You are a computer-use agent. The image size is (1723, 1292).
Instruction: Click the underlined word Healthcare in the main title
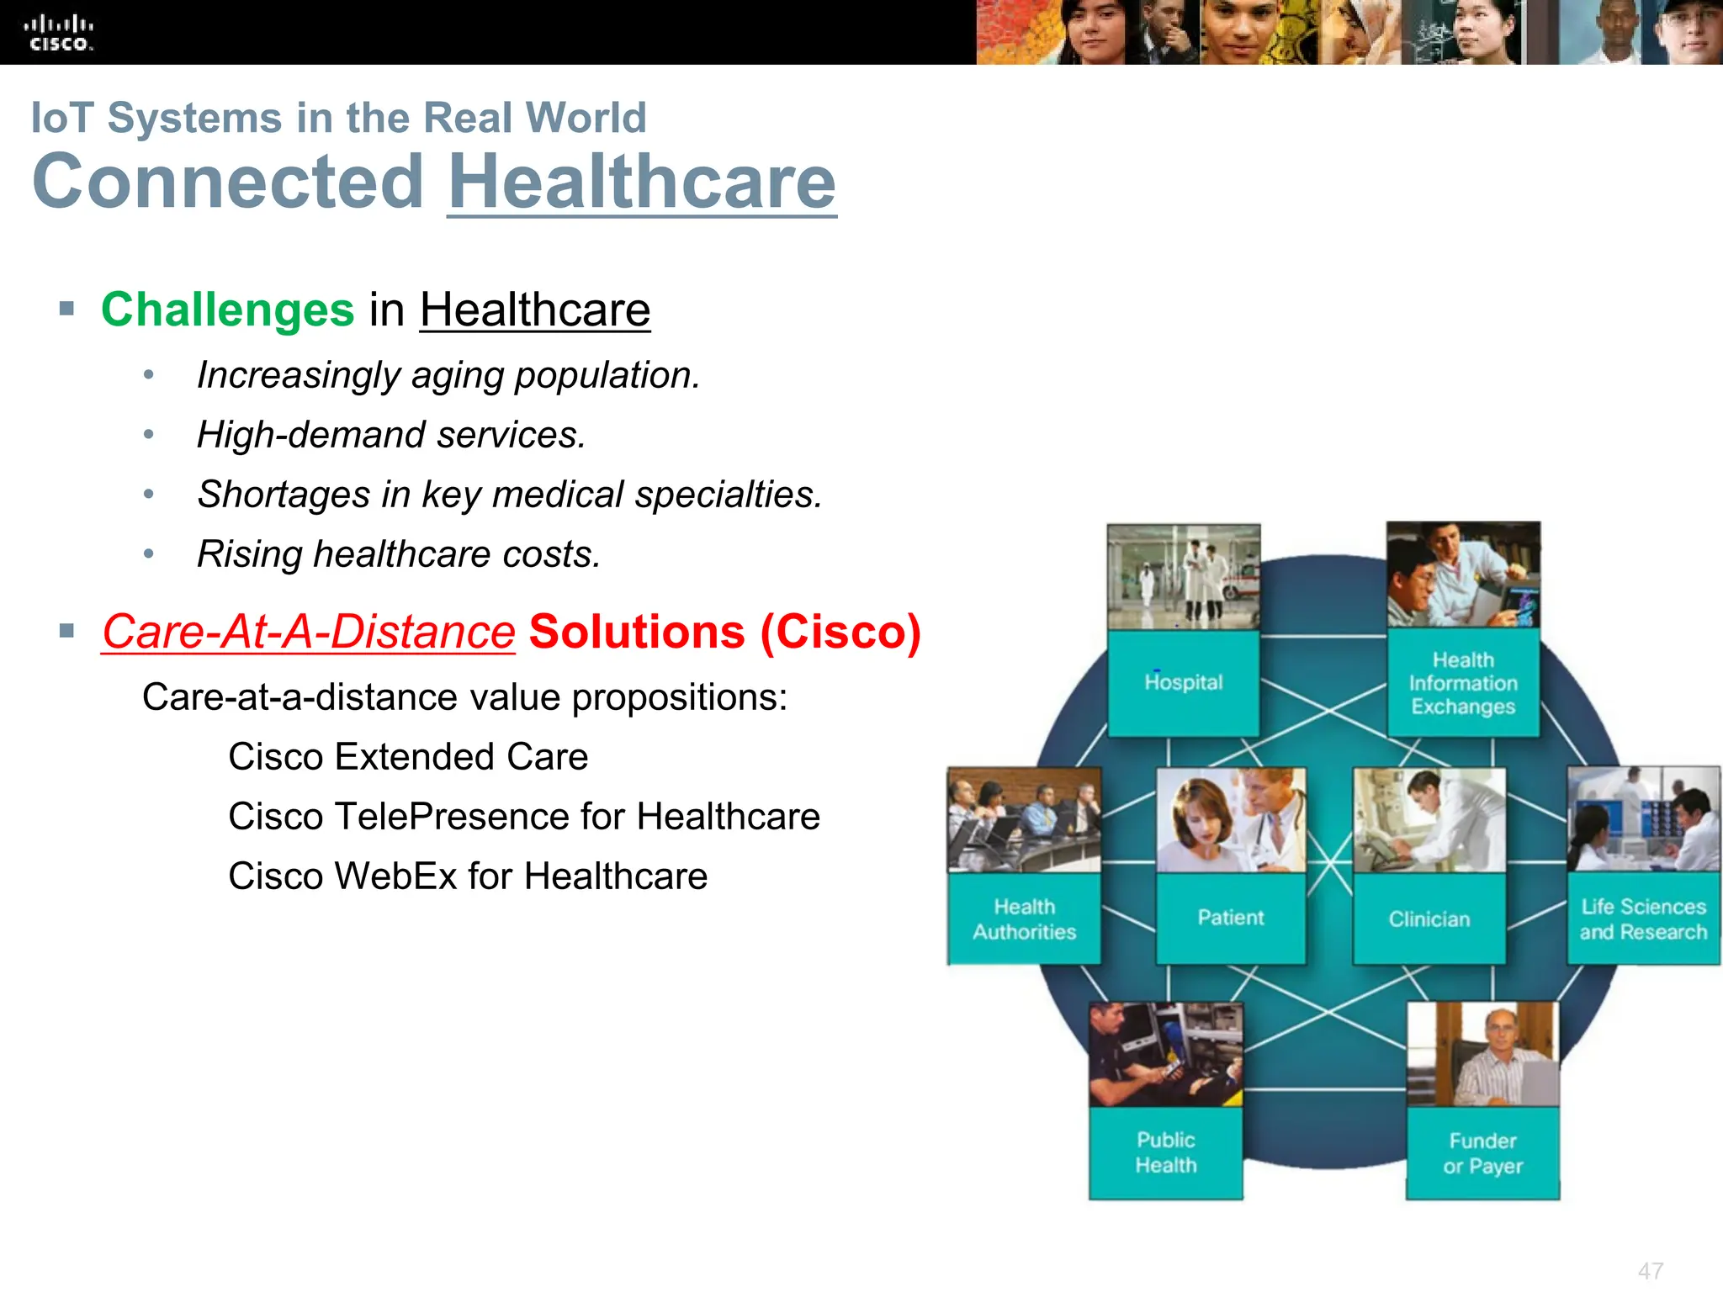tap(642, 182)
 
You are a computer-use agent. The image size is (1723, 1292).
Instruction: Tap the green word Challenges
tap(227, 310)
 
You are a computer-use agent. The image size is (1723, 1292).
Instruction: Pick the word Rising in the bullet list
tap(249, 554)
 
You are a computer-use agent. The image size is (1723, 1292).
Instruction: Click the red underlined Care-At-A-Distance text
tap(308, 632)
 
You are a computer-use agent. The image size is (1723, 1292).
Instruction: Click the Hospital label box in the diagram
tap(1183, 682)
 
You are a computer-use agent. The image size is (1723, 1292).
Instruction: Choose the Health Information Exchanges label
tap(1463, 683)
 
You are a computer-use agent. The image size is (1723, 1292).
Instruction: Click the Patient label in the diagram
tap(1230, 918)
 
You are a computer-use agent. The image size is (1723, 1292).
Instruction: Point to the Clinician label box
tap(1429, 919)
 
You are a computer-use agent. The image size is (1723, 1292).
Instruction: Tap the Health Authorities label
tap(1024, 919)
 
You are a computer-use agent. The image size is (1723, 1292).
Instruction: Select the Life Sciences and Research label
tap(1643, 919)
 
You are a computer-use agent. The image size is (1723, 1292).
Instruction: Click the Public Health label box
tap(1165, 1152)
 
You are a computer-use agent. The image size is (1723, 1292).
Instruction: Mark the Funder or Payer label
tap(1482, 1153)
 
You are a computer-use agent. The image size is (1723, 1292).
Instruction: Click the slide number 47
tap(1650, 1271)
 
